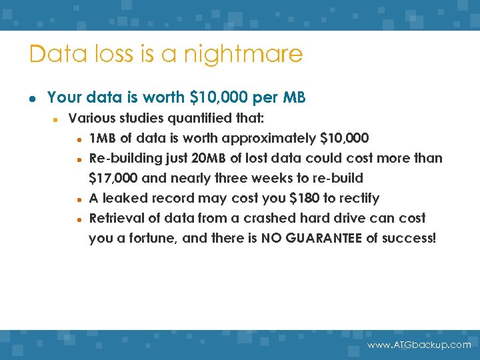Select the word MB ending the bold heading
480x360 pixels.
pyautogui.click(x=294, y=97)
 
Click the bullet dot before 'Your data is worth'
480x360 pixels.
pyautogui.click(x=32, y=98)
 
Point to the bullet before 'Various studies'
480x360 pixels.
pyautogui.click(x=57, y=120)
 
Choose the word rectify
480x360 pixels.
pyautogui.click(x=359, y=198)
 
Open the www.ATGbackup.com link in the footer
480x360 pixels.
pyautogui.click(x=419, y=345)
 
